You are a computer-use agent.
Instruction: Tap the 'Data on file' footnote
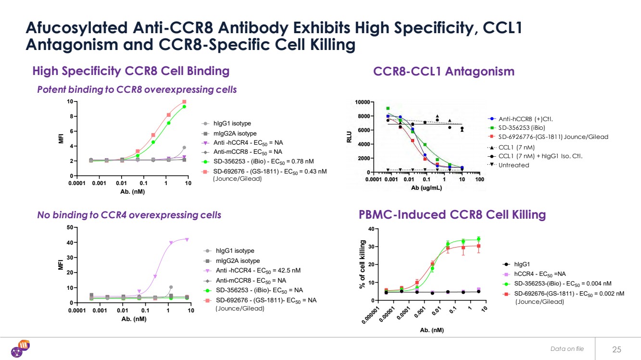pos(567,349)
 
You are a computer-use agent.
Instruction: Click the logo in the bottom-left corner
pos(22,348)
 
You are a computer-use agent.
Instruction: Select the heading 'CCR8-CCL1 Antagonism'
pos(443,72)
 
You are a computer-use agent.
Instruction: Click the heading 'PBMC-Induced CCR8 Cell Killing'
pos(452,214)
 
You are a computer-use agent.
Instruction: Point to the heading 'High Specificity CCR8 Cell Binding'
pos(131,71)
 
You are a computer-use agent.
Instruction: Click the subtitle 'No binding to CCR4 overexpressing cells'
pos(129,215)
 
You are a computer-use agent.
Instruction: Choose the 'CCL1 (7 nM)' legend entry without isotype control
pos(516,147)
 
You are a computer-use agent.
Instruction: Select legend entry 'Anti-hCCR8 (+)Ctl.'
pos(526,119)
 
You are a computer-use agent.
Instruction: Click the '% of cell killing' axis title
pos(362,265)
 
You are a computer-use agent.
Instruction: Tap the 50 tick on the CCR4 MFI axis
pos(70,227)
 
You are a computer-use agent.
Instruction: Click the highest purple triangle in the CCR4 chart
pos(187,239)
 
